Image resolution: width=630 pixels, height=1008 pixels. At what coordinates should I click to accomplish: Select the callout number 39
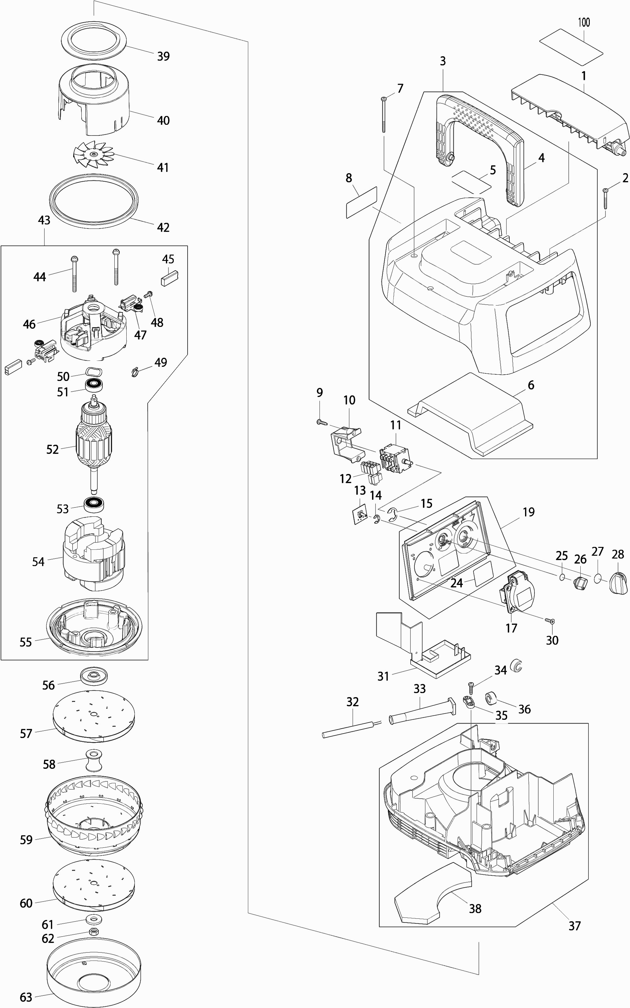pos(163,56)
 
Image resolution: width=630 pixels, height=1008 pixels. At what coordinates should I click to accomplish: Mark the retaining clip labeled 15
pos(392,515)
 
